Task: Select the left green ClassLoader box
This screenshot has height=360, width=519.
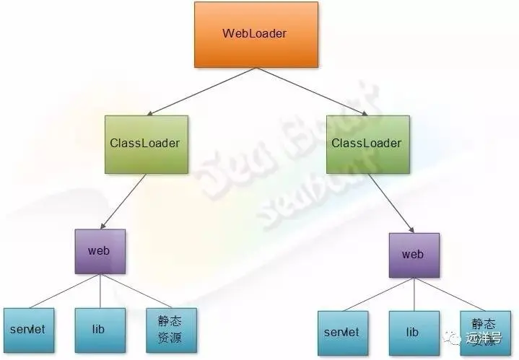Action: [x=146, y=144]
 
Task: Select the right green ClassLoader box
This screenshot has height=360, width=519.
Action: [x=366, y=144]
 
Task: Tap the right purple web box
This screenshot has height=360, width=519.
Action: [x=412, y=255]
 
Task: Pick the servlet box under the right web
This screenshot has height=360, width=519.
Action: [x=342, y=333]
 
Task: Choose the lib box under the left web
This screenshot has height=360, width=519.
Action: [x=99, y=330]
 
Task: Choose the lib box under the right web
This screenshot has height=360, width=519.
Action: [x=413, y=333]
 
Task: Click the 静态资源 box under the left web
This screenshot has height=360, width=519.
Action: [x=170, y=330]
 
